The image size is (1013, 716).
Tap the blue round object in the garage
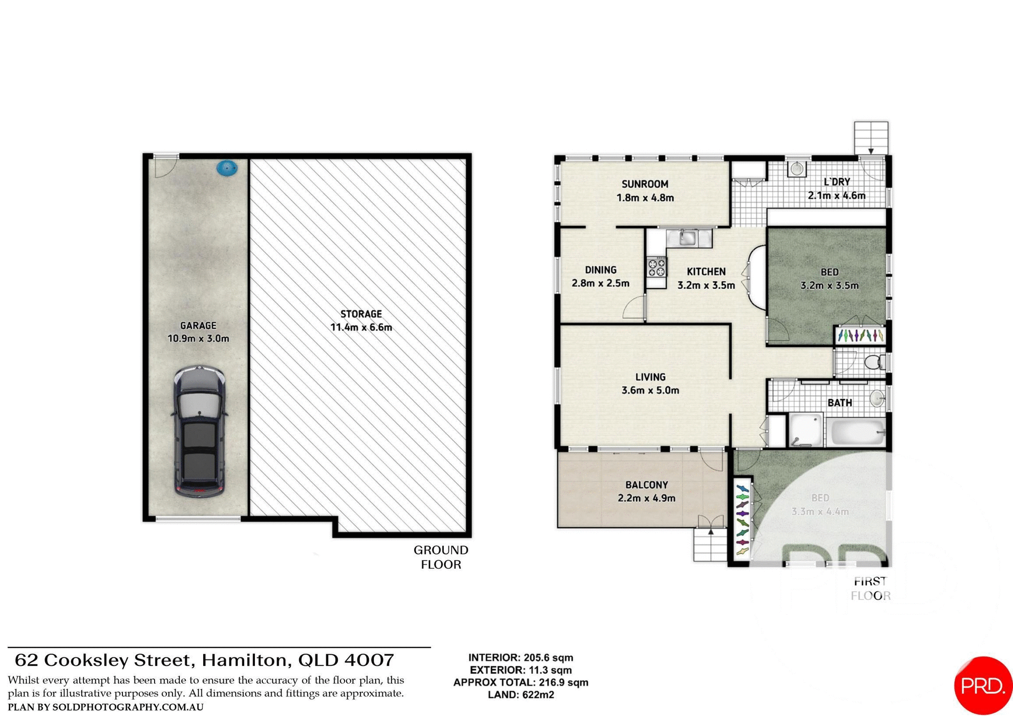pyautogui.click(x=227, y=168)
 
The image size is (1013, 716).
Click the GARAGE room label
pyautogui.click(x=198, y=326)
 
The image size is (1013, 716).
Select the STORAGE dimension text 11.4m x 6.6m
pyautogui.click(x=361, y=327)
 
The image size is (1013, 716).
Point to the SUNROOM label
pyautogui.click(x=645, y=184)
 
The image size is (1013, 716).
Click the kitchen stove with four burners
pyautogui.click(x=657, y=267)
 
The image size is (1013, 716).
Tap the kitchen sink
pyautogui.click(x=687, y=237)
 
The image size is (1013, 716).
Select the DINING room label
pyautogui.click(x=600, y=270)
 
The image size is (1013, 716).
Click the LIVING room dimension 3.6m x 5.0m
pyautogui.click(x=650, y=390)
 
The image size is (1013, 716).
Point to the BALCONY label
pyautogui.click(x=646, y=484)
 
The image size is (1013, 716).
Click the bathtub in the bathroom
pyautogui.click(x=858, y=432)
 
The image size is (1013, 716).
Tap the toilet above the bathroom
pyautogui.click(x=874, y=362)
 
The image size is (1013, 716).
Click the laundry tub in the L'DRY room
pyautogui.click(x=797, y=169)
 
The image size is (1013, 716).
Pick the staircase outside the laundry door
pyautogui.click(x=871, y=138)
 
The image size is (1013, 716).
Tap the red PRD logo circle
pyautogui.click(x=982, y=685)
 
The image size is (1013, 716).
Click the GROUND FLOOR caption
pyautogui.click(x=441, y=557)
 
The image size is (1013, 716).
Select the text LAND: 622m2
pyautogui.click(x=521, y=695)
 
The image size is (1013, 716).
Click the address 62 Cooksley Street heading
pyautogui.click(x=204, y=660)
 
